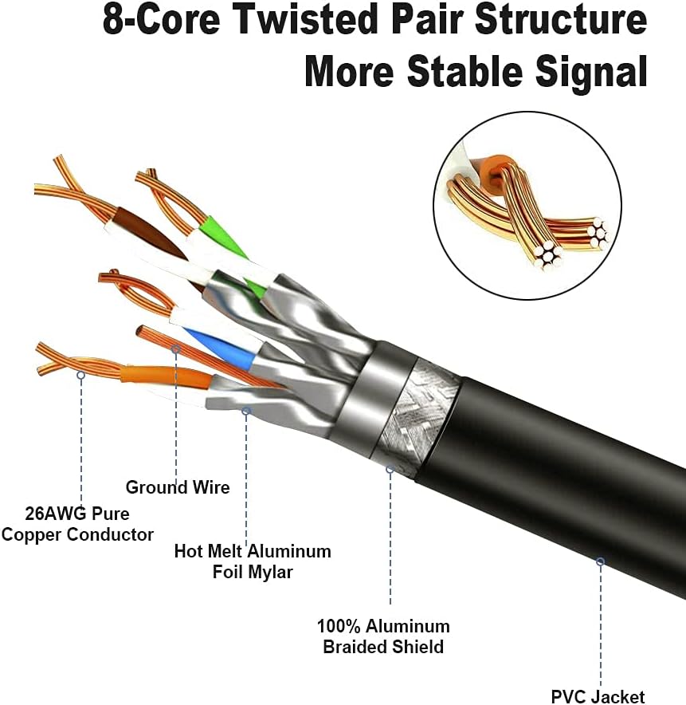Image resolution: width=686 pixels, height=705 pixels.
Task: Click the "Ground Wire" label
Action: (178, 487)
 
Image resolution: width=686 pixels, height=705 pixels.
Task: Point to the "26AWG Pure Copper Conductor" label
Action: (77, 524)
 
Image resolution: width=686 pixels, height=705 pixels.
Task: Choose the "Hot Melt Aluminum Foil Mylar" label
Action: (253, 561)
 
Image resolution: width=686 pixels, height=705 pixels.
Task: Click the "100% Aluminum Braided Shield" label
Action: (383, 636)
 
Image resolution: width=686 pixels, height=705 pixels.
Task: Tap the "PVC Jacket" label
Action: (598, 696)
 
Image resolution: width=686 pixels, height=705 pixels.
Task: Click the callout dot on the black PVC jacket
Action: (600, 561)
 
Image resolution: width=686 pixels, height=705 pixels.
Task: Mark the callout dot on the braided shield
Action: (390, 469)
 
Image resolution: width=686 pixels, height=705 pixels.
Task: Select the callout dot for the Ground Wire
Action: (176, 349)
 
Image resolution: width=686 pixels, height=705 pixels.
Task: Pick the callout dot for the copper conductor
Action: (80, 373)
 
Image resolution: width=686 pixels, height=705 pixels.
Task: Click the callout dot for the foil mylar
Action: (246, 411)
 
